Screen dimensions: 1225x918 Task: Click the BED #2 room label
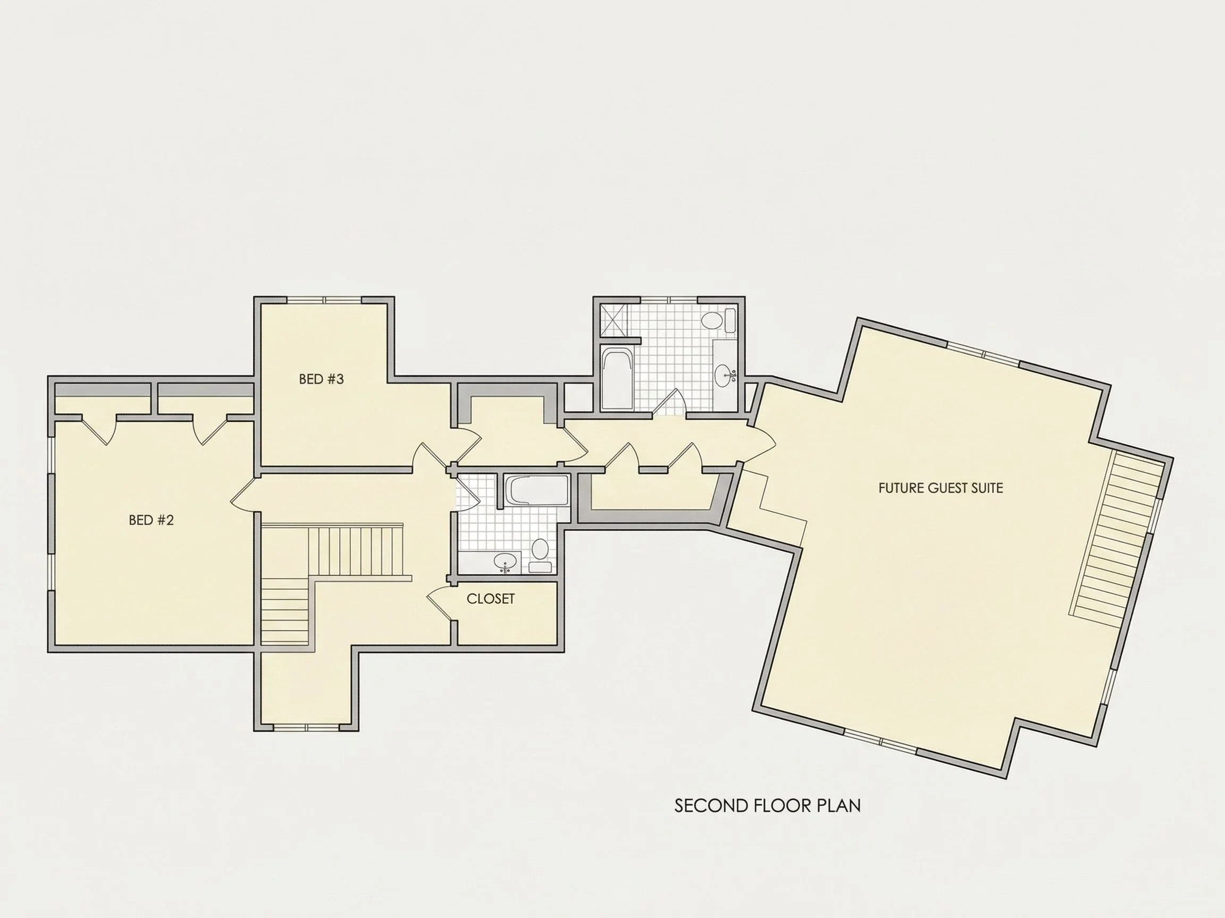coord(151,520)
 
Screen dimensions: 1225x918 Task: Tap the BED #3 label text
coord(321,379)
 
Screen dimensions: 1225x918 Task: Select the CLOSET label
coord(491,599)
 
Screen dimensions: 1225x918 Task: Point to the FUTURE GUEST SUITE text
coord(941,488)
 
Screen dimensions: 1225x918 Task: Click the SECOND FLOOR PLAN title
coord(768,806)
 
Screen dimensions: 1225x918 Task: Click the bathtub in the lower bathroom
coord(536,490)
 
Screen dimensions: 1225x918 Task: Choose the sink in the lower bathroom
coord(505,562)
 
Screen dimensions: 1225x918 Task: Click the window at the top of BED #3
coord(324,301)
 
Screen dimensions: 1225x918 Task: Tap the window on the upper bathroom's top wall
coord(669,301)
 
